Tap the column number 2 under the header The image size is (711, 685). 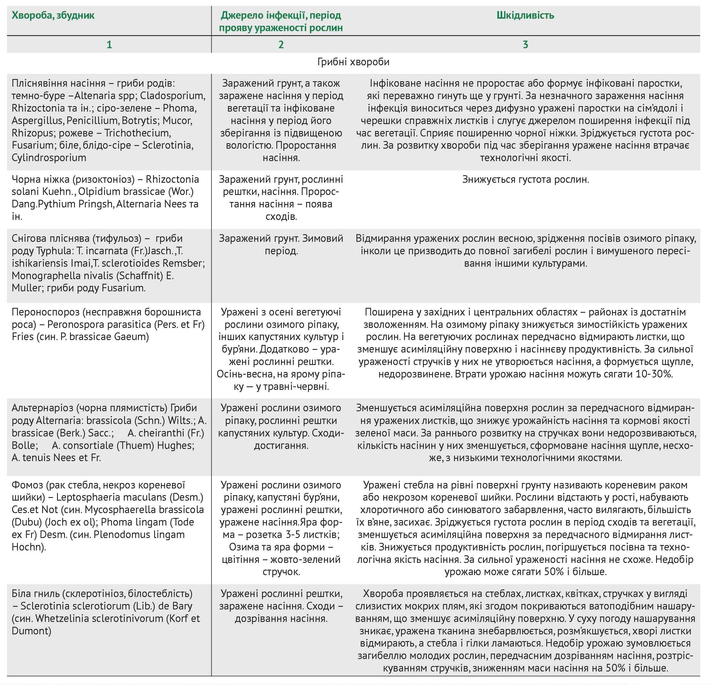pos(281,45)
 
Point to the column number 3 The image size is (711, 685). pos(525,45)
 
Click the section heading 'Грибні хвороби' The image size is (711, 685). pos(353,62)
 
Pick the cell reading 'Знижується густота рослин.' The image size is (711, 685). pos(525,180)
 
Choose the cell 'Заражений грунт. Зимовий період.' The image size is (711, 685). pos(281,244)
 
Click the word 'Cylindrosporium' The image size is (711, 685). pos(49,158)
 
